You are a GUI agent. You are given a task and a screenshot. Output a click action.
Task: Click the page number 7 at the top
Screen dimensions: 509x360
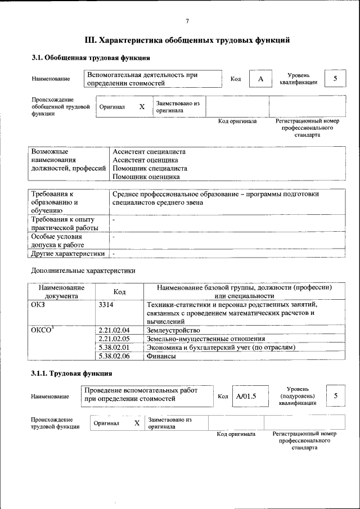(x=187, y=21)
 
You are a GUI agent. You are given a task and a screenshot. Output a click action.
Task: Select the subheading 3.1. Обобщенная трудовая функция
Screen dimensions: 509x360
(x=90, y=57)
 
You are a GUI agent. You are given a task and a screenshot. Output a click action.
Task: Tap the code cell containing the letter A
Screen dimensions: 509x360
(x=260, y=79)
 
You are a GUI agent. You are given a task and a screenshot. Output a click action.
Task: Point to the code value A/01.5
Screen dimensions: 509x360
(x=246, y=397)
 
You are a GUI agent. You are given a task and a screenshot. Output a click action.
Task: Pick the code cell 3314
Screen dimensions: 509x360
(x=106, y=304)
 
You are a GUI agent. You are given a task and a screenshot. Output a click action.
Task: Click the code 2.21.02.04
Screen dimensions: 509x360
(x=114, y=330)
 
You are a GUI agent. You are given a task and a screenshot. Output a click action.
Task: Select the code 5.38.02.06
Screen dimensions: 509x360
(x=114, y=356)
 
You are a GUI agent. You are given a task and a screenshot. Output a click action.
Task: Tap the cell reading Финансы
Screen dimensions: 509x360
(x=161, y=356)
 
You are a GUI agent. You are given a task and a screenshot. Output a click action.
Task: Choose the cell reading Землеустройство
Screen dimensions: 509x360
(x=173, y=330)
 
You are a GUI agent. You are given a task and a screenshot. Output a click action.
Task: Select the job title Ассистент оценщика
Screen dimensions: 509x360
(x=145, y=160)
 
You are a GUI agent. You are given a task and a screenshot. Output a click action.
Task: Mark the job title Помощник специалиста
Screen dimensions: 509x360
(x=150, y=168)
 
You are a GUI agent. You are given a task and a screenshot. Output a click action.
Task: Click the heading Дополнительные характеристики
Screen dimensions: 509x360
(x=83, y=271)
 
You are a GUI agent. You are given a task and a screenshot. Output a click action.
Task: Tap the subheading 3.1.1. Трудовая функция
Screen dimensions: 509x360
(x=71, y=373)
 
